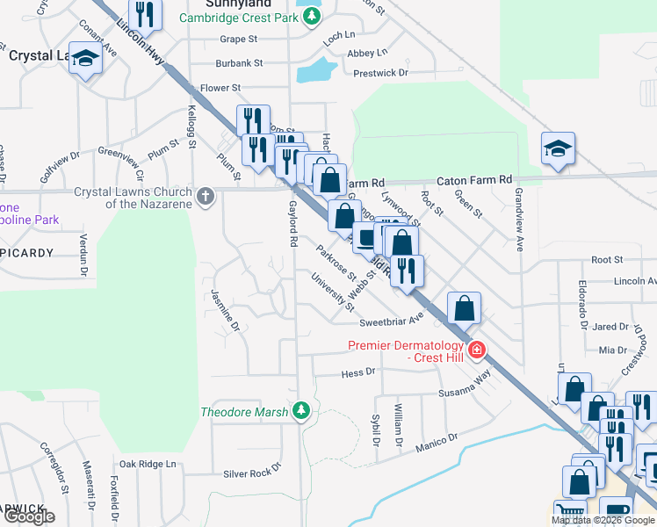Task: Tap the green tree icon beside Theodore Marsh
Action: click(301, 410)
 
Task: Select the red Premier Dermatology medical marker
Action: click(477, 350)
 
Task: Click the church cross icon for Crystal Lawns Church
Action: click(206, 195)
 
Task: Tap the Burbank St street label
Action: click(239, 63)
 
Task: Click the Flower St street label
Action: click(220, 88)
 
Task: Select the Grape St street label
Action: click(238, 40)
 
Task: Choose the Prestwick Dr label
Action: click(380, 73)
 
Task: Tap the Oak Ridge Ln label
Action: click(148, 464)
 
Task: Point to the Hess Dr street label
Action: click(357, 372)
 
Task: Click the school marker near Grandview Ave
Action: click(558, 150)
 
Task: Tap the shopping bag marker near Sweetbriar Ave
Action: click(464, 309)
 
